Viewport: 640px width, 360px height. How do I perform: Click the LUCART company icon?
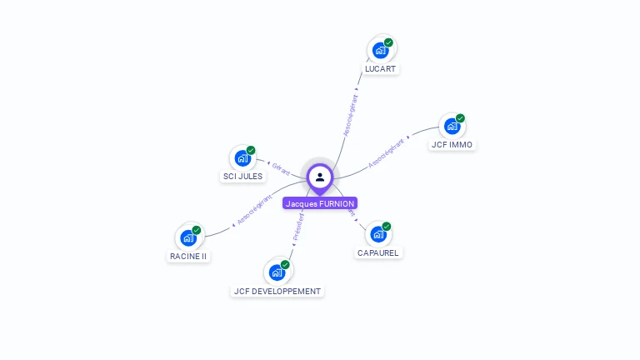[x=381, y=50]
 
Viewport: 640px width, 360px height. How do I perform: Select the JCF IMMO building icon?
[x=452, y=126]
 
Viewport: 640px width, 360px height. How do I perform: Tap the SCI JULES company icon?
[x=242, y=157]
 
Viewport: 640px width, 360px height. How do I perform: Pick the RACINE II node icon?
[x=188, y=237]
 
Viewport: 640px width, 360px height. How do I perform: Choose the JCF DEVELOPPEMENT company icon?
[x=277, y=272]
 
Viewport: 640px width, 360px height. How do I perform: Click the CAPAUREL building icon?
[x=377, y=234]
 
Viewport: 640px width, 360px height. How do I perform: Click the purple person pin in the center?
[x=320, y=177]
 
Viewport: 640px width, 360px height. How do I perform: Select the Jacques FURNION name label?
[x=320, y=203]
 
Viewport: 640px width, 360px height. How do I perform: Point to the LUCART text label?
[x=381, y=69]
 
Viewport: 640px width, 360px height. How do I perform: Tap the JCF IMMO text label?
[x=452, y=145]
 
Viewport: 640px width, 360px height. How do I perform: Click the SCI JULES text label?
[x=242, y=177]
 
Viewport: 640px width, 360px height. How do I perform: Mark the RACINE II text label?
[x=188, y=257]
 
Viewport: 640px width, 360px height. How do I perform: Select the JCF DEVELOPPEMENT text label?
[x=277, y=292]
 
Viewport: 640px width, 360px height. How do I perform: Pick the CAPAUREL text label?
[x=377, y=253]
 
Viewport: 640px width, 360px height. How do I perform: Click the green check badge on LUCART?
[x=388, y=42]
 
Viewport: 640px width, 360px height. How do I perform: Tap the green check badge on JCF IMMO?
[x=460, y=118]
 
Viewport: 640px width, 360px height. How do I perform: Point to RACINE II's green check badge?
[x=197, y=230]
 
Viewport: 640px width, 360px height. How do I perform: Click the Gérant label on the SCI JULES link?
[x=281, y=168]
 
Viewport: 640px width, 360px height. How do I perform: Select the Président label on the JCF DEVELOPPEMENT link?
[x=298, y=227]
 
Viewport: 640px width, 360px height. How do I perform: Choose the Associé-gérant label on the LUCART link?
[x=351, y=115]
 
